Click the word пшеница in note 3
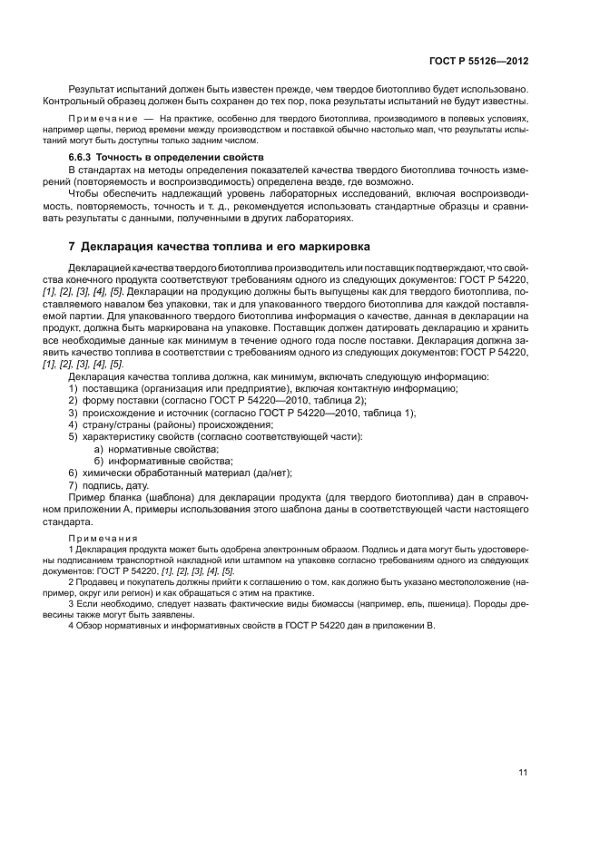click(x=457, y=602)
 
